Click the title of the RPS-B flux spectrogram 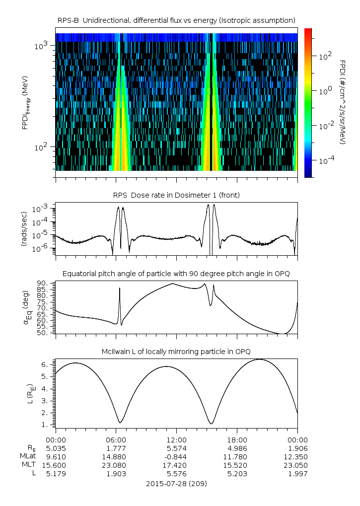tap(176, 20)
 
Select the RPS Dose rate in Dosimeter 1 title tap(176, 195)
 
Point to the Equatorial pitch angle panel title tap(176, 274)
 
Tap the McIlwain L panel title tap(176, 352)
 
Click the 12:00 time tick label tap(176, 440)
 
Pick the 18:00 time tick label tap(237, 440)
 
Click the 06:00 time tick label tap(116, 440)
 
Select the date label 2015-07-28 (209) tap(176, 483)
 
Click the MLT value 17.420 tap(176, 465)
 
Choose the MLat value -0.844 tap(176, 457)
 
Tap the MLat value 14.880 tap(116, 457)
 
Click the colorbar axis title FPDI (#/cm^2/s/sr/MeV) tap(343, 102)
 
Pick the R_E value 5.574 tap(176, 448)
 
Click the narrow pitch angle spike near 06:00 tap(120, 289)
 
